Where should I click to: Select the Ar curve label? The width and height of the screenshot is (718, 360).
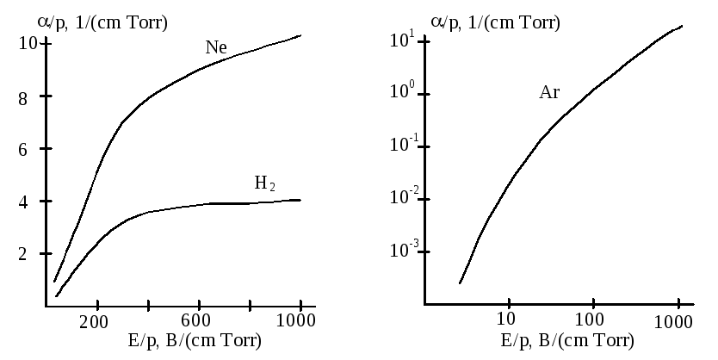(549, 93)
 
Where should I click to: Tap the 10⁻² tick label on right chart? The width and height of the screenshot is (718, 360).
(404, 198)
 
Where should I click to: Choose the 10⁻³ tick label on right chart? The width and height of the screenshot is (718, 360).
(404, 250)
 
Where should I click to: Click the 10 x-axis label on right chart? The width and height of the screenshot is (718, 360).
(508, 324)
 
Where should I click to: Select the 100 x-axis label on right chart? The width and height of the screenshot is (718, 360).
(591, 324)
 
